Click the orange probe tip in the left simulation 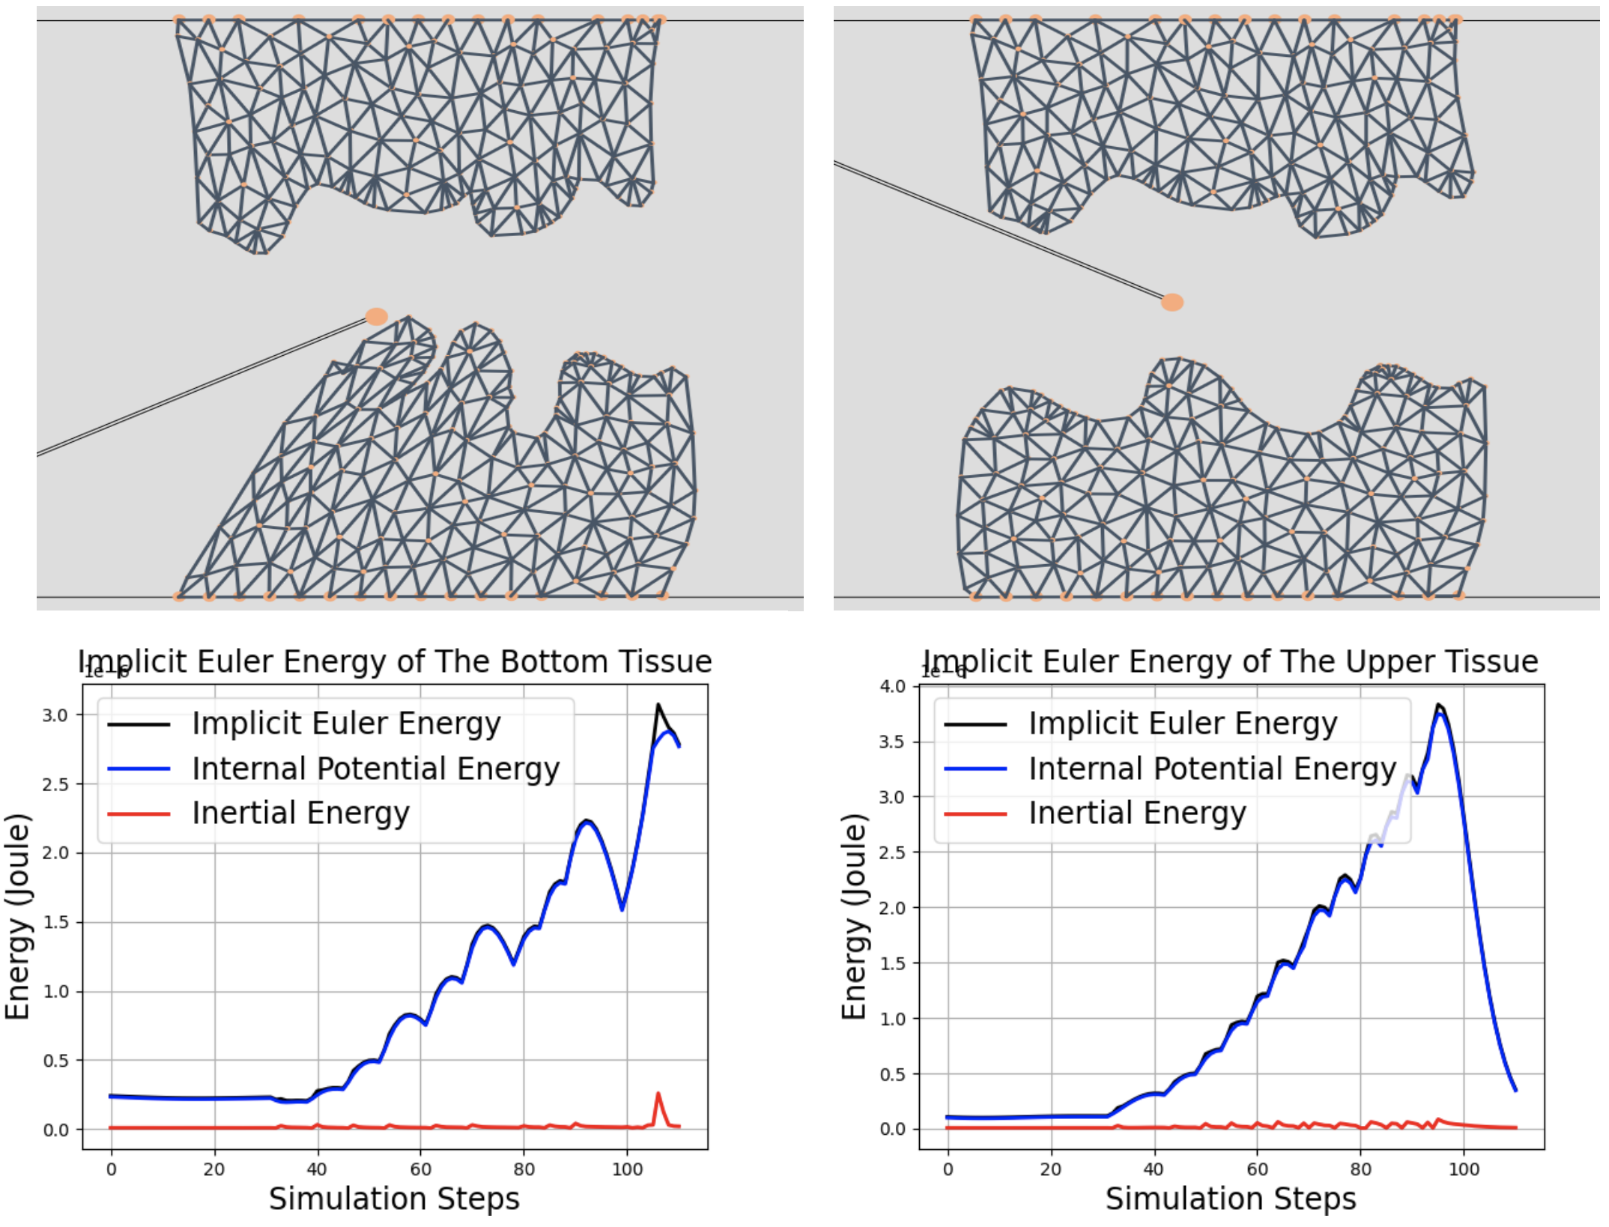376,316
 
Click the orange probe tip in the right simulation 1172,302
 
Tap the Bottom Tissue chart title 395,661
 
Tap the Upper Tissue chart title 1230,661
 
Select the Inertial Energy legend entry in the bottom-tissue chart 300,813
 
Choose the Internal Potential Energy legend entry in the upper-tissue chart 1212,769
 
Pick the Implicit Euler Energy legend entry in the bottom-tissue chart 346,724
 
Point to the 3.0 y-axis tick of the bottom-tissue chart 55,715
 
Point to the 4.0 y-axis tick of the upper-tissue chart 891,686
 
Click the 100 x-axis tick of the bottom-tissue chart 627,1169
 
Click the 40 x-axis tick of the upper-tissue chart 1154,1169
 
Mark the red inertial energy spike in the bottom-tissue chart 658,1094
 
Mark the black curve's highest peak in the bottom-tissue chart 658,705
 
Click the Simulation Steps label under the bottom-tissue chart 394,1199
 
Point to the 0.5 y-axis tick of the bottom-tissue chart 55,1061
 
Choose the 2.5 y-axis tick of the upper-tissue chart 891,852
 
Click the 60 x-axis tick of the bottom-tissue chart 420,1169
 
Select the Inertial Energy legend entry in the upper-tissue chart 1136,813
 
